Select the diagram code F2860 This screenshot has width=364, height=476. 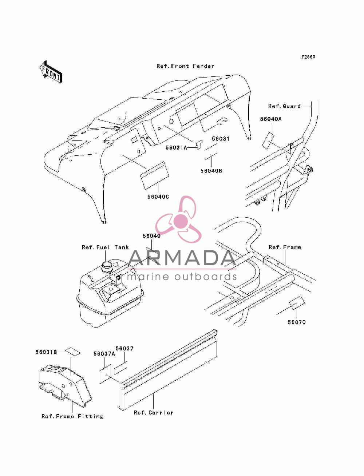coord(308,57)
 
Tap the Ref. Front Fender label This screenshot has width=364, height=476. coord(185,66)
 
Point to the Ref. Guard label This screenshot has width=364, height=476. coord(284,106)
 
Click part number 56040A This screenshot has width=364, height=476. coord(270,119)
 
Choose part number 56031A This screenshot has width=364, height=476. coord(176,148)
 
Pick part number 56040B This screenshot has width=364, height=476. coord(211,171)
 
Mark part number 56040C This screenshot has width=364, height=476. coord(158,197)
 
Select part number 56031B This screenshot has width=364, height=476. coord(46,352)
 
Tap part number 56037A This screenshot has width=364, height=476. coord(104,354)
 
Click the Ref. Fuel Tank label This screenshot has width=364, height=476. coord(105,247)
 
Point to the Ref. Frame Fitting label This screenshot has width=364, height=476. coord(72,416)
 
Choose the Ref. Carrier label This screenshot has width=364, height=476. coord(153,413)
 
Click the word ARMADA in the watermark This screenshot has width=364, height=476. coord(182,258)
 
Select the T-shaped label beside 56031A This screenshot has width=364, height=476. coord(199,144)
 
